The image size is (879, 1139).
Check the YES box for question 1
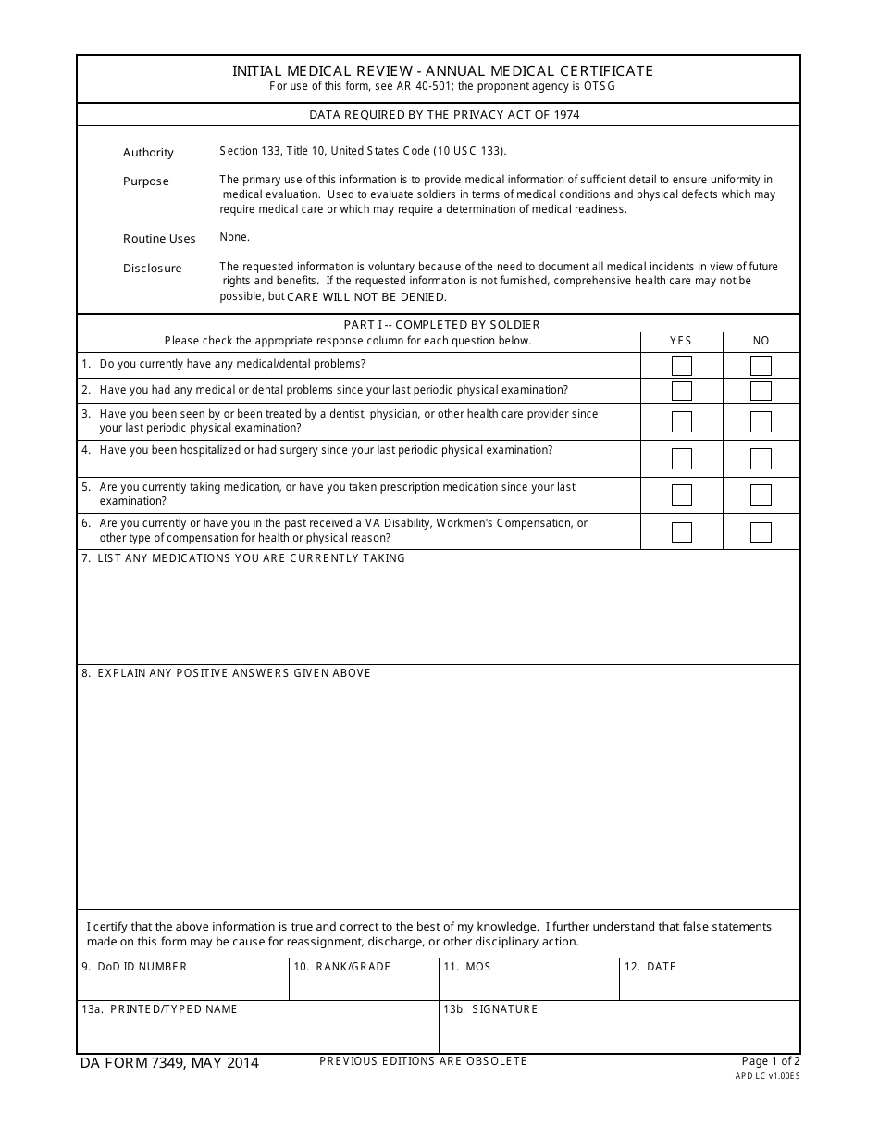coord(682,366)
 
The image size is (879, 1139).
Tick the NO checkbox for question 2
coord(761,391)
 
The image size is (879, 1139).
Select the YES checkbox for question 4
coord(682,458)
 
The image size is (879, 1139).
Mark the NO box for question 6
coord(761,532)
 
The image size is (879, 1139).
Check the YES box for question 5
coord(682,495)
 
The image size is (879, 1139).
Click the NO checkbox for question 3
coord(761,422)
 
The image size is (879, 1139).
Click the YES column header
coord(681,341)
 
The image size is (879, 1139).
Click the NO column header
coord(761,341)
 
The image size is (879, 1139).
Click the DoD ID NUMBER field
coord(182,985)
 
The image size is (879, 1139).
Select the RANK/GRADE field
coord(363,985)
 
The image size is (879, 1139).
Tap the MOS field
coord(527,985)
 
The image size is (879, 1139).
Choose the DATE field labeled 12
coord(708,985)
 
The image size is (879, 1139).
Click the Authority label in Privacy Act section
coord(148,153)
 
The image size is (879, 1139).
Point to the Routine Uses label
coord(159,239)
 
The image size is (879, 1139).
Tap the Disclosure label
coord(153,269)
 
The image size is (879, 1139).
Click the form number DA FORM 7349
coord(170,1063)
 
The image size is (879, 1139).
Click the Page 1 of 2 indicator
coord(770,1061)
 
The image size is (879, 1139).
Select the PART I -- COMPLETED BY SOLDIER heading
coord(441,324)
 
